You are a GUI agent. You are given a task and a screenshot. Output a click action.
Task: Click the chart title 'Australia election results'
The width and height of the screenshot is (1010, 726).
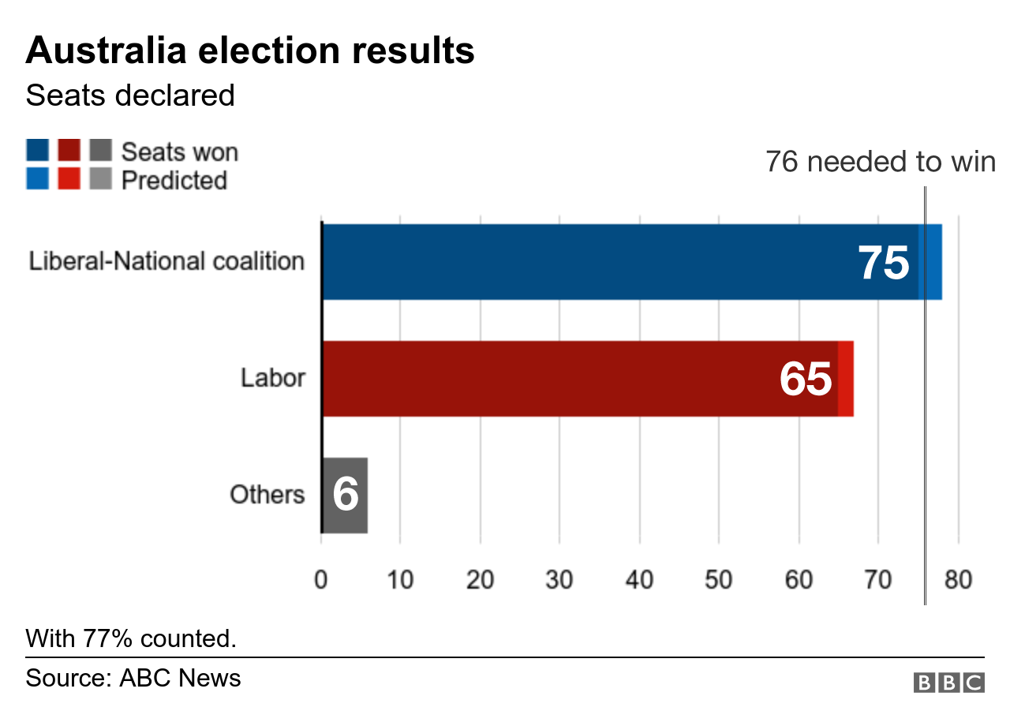(250, 51)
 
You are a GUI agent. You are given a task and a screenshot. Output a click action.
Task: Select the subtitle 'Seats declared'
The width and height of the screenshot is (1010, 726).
(130, 95)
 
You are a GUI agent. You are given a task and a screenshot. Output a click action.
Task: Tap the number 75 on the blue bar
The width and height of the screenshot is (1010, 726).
(884, 263)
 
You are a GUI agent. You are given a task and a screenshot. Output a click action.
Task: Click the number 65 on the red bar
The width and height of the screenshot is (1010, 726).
(806, 380)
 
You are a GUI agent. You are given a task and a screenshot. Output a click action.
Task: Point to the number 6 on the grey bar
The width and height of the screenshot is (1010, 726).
(346, 495)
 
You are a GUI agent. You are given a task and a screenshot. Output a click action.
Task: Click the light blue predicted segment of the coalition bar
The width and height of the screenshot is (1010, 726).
(932, 262)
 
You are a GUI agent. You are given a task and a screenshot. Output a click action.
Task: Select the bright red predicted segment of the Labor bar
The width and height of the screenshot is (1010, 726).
(846, 379)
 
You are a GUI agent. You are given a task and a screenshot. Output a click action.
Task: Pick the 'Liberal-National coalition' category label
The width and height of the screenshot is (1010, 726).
(166, 261)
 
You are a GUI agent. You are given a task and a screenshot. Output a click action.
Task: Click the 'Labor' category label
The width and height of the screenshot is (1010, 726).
(272, 378)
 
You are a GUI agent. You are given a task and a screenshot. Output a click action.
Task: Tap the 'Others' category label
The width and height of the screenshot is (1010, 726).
(267, 495)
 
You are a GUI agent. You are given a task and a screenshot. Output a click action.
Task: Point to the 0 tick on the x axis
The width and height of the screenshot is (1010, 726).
(321, 581)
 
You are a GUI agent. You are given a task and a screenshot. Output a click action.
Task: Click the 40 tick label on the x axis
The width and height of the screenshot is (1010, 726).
(639, 581)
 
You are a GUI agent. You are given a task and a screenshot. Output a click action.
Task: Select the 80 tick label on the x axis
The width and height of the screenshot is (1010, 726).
(957, 581)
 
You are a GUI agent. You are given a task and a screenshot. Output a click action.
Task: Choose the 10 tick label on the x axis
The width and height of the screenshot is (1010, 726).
(400, 581)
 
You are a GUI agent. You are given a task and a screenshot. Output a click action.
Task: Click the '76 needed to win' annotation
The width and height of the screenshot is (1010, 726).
(880, 162)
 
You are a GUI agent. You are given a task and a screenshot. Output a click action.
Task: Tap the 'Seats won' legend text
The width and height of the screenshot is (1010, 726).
(179, 152)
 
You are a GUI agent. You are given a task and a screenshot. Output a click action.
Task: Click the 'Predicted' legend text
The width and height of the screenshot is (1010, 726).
(174, 180)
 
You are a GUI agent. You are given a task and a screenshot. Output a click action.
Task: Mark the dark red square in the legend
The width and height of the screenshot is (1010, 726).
(69, 150)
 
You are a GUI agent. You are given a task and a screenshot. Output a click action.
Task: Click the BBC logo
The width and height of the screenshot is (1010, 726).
(948, 683)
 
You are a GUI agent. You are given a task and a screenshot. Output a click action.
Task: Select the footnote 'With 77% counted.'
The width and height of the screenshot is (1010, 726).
(131, 638)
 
